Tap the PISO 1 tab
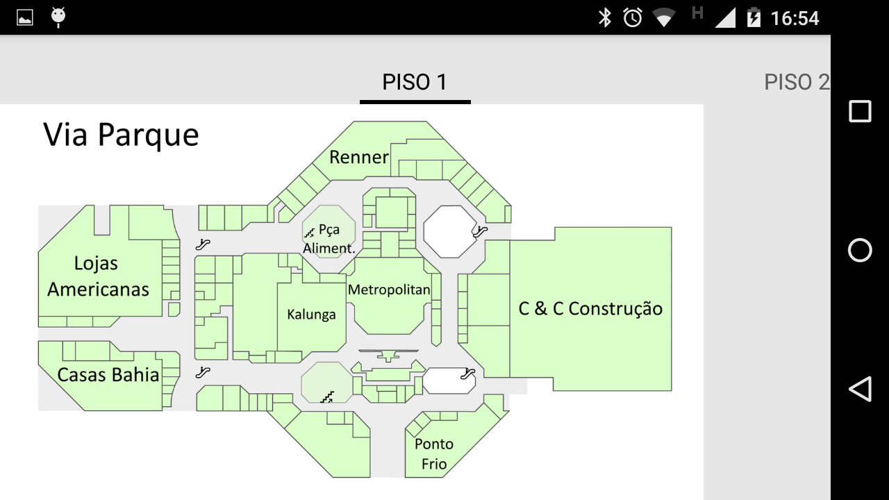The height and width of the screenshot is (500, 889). [x=415, y=82]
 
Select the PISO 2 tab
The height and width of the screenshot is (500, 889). [x=797, y=82]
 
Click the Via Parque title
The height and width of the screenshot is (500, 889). [x=121, y=135]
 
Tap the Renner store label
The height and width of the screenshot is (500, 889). [x=359, y=157]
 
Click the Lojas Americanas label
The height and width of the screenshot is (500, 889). [x=98, y=276]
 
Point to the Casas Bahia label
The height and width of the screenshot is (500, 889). [x=108, y=374]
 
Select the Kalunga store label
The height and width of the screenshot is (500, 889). [x=311, y=315]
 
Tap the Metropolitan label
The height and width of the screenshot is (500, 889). [x=389, y=290]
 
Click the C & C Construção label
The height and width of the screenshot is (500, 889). [x=590, y=309]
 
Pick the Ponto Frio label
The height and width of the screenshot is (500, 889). [x=434, y=454]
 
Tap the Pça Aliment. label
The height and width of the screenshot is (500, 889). [x=329, y=239]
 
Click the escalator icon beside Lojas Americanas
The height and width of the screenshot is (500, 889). [x=203, y=244]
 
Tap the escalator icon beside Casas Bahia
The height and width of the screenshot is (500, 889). [x=203, y=372]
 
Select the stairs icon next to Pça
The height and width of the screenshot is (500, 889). [x=310, y=232]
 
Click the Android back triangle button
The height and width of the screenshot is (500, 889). [x=860, y=389]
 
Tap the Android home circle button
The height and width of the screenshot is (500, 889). [x=860, y=251]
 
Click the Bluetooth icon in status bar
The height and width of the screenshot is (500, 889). [x=605, y=18]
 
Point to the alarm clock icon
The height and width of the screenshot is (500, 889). [x=633, y=18]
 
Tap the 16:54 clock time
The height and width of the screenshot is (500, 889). [x=795, y=18]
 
